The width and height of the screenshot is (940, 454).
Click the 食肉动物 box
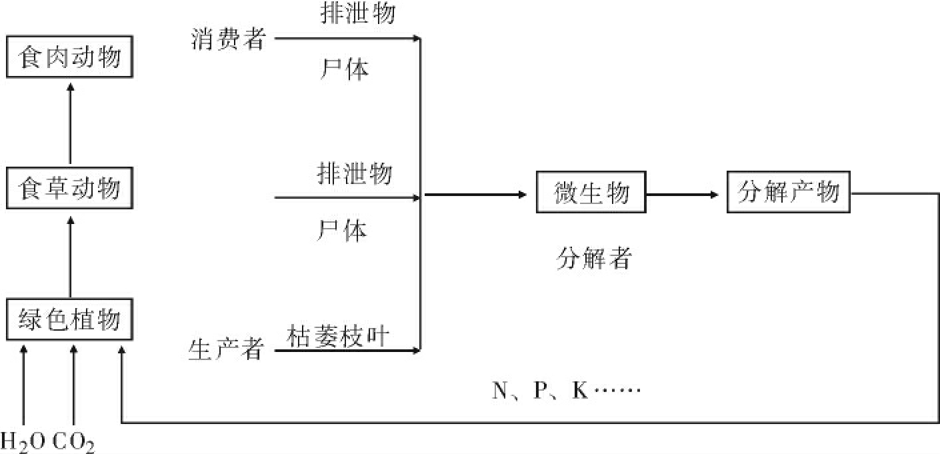point(70,57)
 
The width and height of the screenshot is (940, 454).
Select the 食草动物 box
point(70,189)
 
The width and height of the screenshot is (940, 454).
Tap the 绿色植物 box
point(70,320)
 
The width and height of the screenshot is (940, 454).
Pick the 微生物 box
point(591,194)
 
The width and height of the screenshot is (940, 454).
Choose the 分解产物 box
point(788,194)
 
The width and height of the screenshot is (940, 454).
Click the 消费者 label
point(227,39)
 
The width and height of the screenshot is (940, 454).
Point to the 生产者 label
point(227,349)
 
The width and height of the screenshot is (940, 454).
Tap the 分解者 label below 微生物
point(593,259)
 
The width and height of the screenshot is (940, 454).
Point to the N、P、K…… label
point(566,391)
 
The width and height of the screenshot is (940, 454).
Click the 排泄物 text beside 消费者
point(357,14)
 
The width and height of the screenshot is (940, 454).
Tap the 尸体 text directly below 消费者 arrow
point(344,69)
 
